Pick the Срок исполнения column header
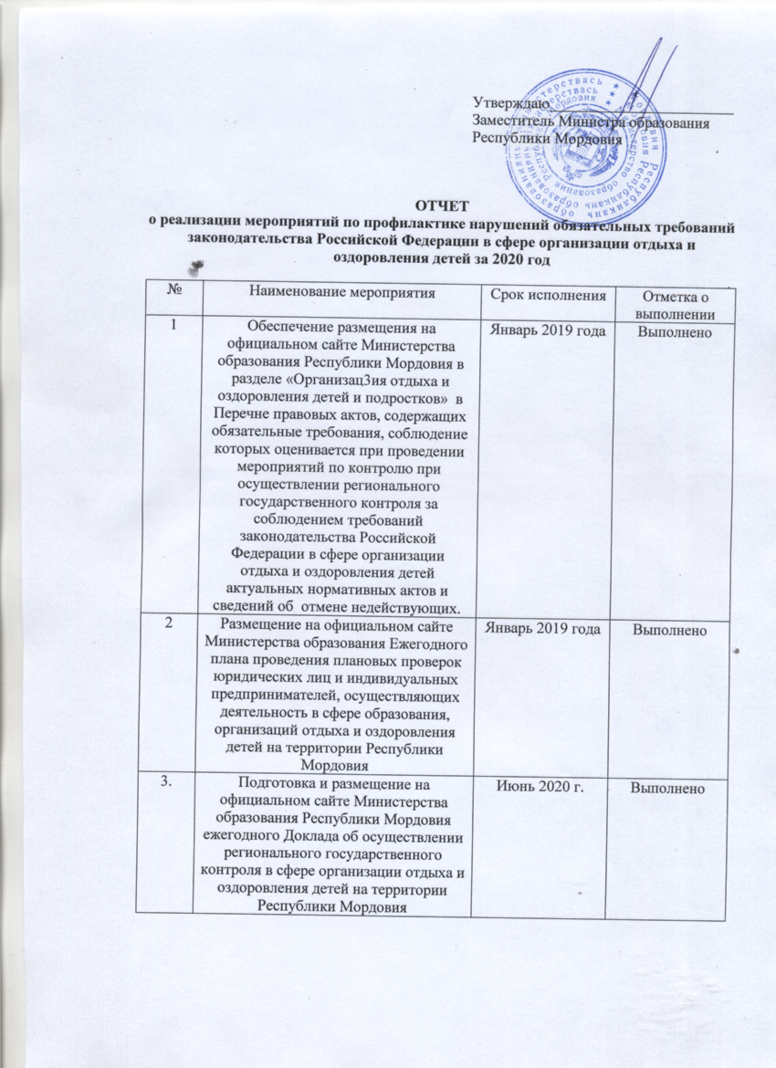click(x=544, y=293)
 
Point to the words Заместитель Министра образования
click(x=591, y=123)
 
